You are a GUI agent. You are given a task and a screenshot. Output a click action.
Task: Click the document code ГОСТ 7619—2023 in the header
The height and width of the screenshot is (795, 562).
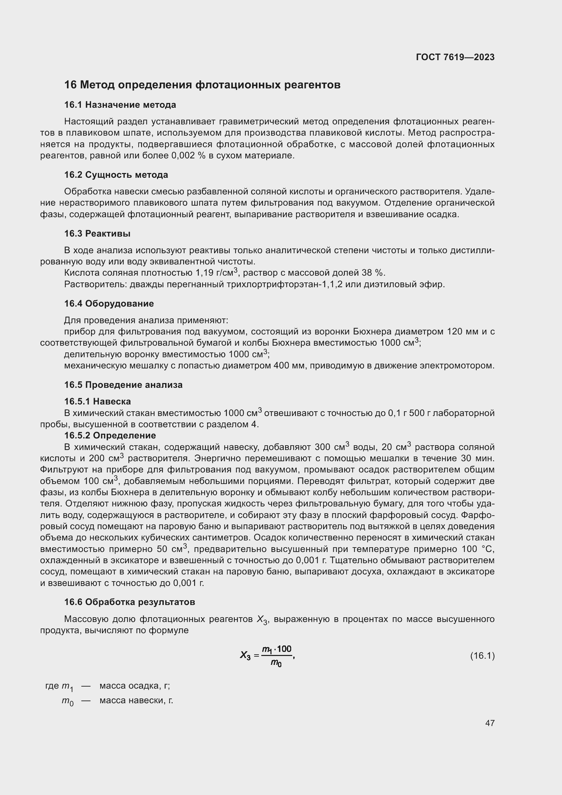click(455, 57)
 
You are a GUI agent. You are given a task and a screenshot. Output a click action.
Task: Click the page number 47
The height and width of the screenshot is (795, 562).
click(490, 723)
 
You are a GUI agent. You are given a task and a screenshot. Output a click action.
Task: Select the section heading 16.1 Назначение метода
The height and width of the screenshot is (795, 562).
click(120, 105)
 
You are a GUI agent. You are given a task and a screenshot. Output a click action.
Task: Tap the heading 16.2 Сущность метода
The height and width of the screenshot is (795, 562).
click(116, 174)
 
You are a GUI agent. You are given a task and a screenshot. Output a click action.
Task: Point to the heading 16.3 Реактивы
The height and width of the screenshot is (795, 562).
click(97, 234)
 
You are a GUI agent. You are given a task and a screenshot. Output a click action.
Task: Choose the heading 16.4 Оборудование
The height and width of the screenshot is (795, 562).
click(109, 303)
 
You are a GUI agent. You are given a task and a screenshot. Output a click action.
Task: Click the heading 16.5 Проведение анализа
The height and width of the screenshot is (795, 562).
click(123, 385)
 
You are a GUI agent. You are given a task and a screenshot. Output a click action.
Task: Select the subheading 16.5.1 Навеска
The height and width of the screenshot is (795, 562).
click(97, 401)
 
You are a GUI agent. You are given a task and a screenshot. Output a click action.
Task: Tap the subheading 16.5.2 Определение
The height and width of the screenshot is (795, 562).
click(110, 435)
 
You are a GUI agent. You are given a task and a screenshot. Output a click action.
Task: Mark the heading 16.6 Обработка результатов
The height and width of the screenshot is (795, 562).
click(129, 602)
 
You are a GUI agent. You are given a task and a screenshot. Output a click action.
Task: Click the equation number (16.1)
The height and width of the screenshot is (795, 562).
click(482, 656)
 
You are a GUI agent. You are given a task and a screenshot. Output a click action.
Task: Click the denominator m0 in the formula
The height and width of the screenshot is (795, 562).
click(276, 663)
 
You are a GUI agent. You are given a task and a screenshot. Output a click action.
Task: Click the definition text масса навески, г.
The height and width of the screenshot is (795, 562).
click(136, 701)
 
